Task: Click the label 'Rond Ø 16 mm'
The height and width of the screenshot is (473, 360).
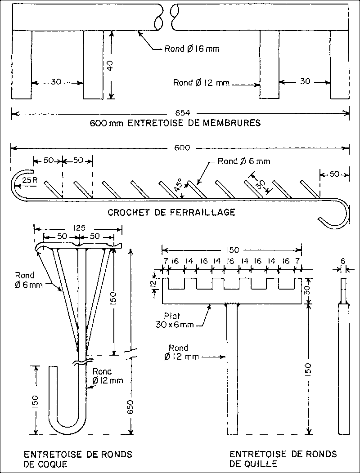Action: click(x=192, y=49)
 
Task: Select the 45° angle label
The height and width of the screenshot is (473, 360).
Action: click(x=179, y=186)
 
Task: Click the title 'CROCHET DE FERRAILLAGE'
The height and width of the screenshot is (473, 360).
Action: click(x=171, y=212)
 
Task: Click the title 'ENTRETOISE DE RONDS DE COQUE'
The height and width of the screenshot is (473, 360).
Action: click(x=78, y=459)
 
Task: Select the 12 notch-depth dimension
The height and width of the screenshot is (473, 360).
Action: click(x=153, y=284)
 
